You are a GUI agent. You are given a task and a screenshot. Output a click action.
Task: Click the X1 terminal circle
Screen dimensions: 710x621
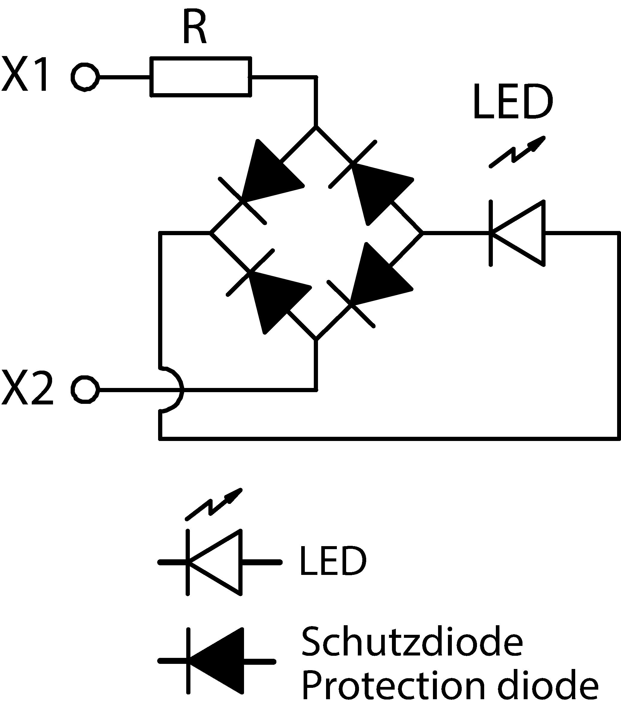pyautogui.click(x=85, y=77)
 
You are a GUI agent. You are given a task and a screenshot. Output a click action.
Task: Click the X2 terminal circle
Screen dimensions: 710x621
pyautogui.click(x=85, y=389)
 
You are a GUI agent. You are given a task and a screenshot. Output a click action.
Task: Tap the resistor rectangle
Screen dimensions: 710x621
pyautogui.click(x=201, y=76)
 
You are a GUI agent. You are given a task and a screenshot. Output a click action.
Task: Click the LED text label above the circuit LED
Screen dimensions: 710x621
pyautogui.click(x=513, y=102)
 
